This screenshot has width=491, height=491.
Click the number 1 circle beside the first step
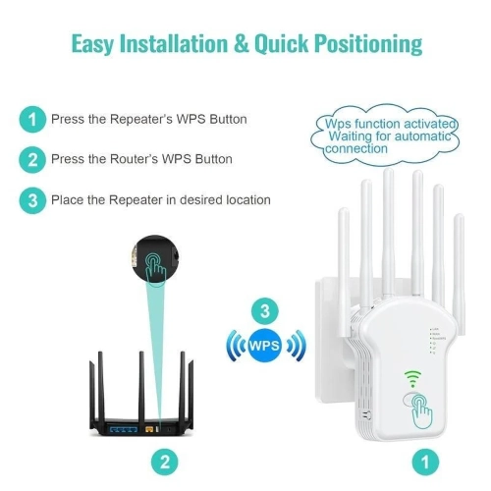[32, 120]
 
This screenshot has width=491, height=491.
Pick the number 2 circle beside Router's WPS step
[32, 159]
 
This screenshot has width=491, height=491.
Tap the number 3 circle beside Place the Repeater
[32, 199]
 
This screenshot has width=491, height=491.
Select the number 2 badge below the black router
[166, 459]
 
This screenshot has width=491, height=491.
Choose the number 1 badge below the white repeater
[425, 459]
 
